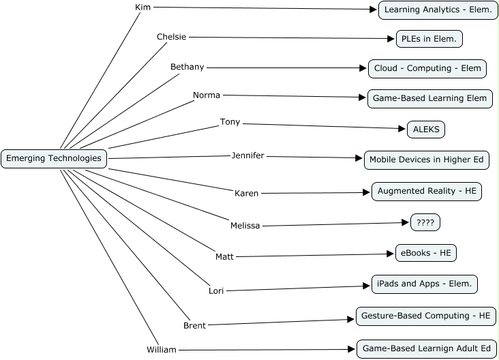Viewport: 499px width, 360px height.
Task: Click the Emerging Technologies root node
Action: point(54,159)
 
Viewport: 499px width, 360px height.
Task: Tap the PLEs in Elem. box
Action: point(429,39)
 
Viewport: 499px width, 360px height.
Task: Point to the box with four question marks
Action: point(425,222)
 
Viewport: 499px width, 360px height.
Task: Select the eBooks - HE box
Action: point(425,253)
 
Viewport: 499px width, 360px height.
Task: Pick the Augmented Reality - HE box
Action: point(427,192)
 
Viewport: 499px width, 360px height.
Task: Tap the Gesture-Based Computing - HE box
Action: point(426,316)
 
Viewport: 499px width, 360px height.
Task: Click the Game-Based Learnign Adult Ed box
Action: point(426,348)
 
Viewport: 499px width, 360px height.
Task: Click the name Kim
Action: point(142,7)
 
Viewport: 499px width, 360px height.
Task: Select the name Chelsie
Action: point(171,37)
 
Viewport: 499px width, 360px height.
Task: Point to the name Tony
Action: point(230,122)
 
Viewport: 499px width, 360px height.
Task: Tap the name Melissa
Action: point(245,226)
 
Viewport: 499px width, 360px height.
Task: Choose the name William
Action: point(162,350)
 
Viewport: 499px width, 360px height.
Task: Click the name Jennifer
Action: point(247,155)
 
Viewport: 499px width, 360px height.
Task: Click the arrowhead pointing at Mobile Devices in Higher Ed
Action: point(359,158)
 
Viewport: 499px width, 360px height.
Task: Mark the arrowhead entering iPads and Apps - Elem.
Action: point(367,287)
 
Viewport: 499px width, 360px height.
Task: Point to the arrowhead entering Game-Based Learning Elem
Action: point(363,97)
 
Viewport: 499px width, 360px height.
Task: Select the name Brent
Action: point(194,326)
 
